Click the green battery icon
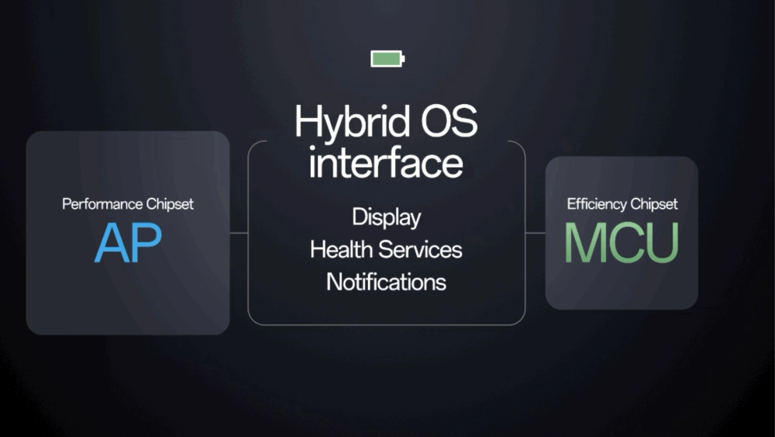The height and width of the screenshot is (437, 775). pos(387,59)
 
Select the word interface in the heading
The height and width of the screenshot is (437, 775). pos(386,163)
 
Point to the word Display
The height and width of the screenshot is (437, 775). pos(386,217)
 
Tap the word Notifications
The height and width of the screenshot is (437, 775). pos(386,281)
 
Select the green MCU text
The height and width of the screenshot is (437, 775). pos(622,242)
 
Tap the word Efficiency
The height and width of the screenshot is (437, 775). pos(595,204)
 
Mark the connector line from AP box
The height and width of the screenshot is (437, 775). pos(239,232)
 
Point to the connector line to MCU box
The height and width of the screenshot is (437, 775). pos(536,232)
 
